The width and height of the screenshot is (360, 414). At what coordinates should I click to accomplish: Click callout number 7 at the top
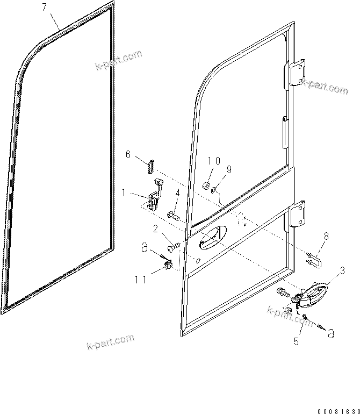(x=45, y=7)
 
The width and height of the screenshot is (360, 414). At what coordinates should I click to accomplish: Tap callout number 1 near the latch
(x=124, y=192)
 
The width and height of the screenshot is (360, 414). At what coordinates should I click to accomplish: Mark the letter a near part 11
(x=143, y=248)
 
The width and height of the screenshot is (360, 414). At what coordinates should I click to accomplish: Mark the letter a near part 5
(x=332, y=333)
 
